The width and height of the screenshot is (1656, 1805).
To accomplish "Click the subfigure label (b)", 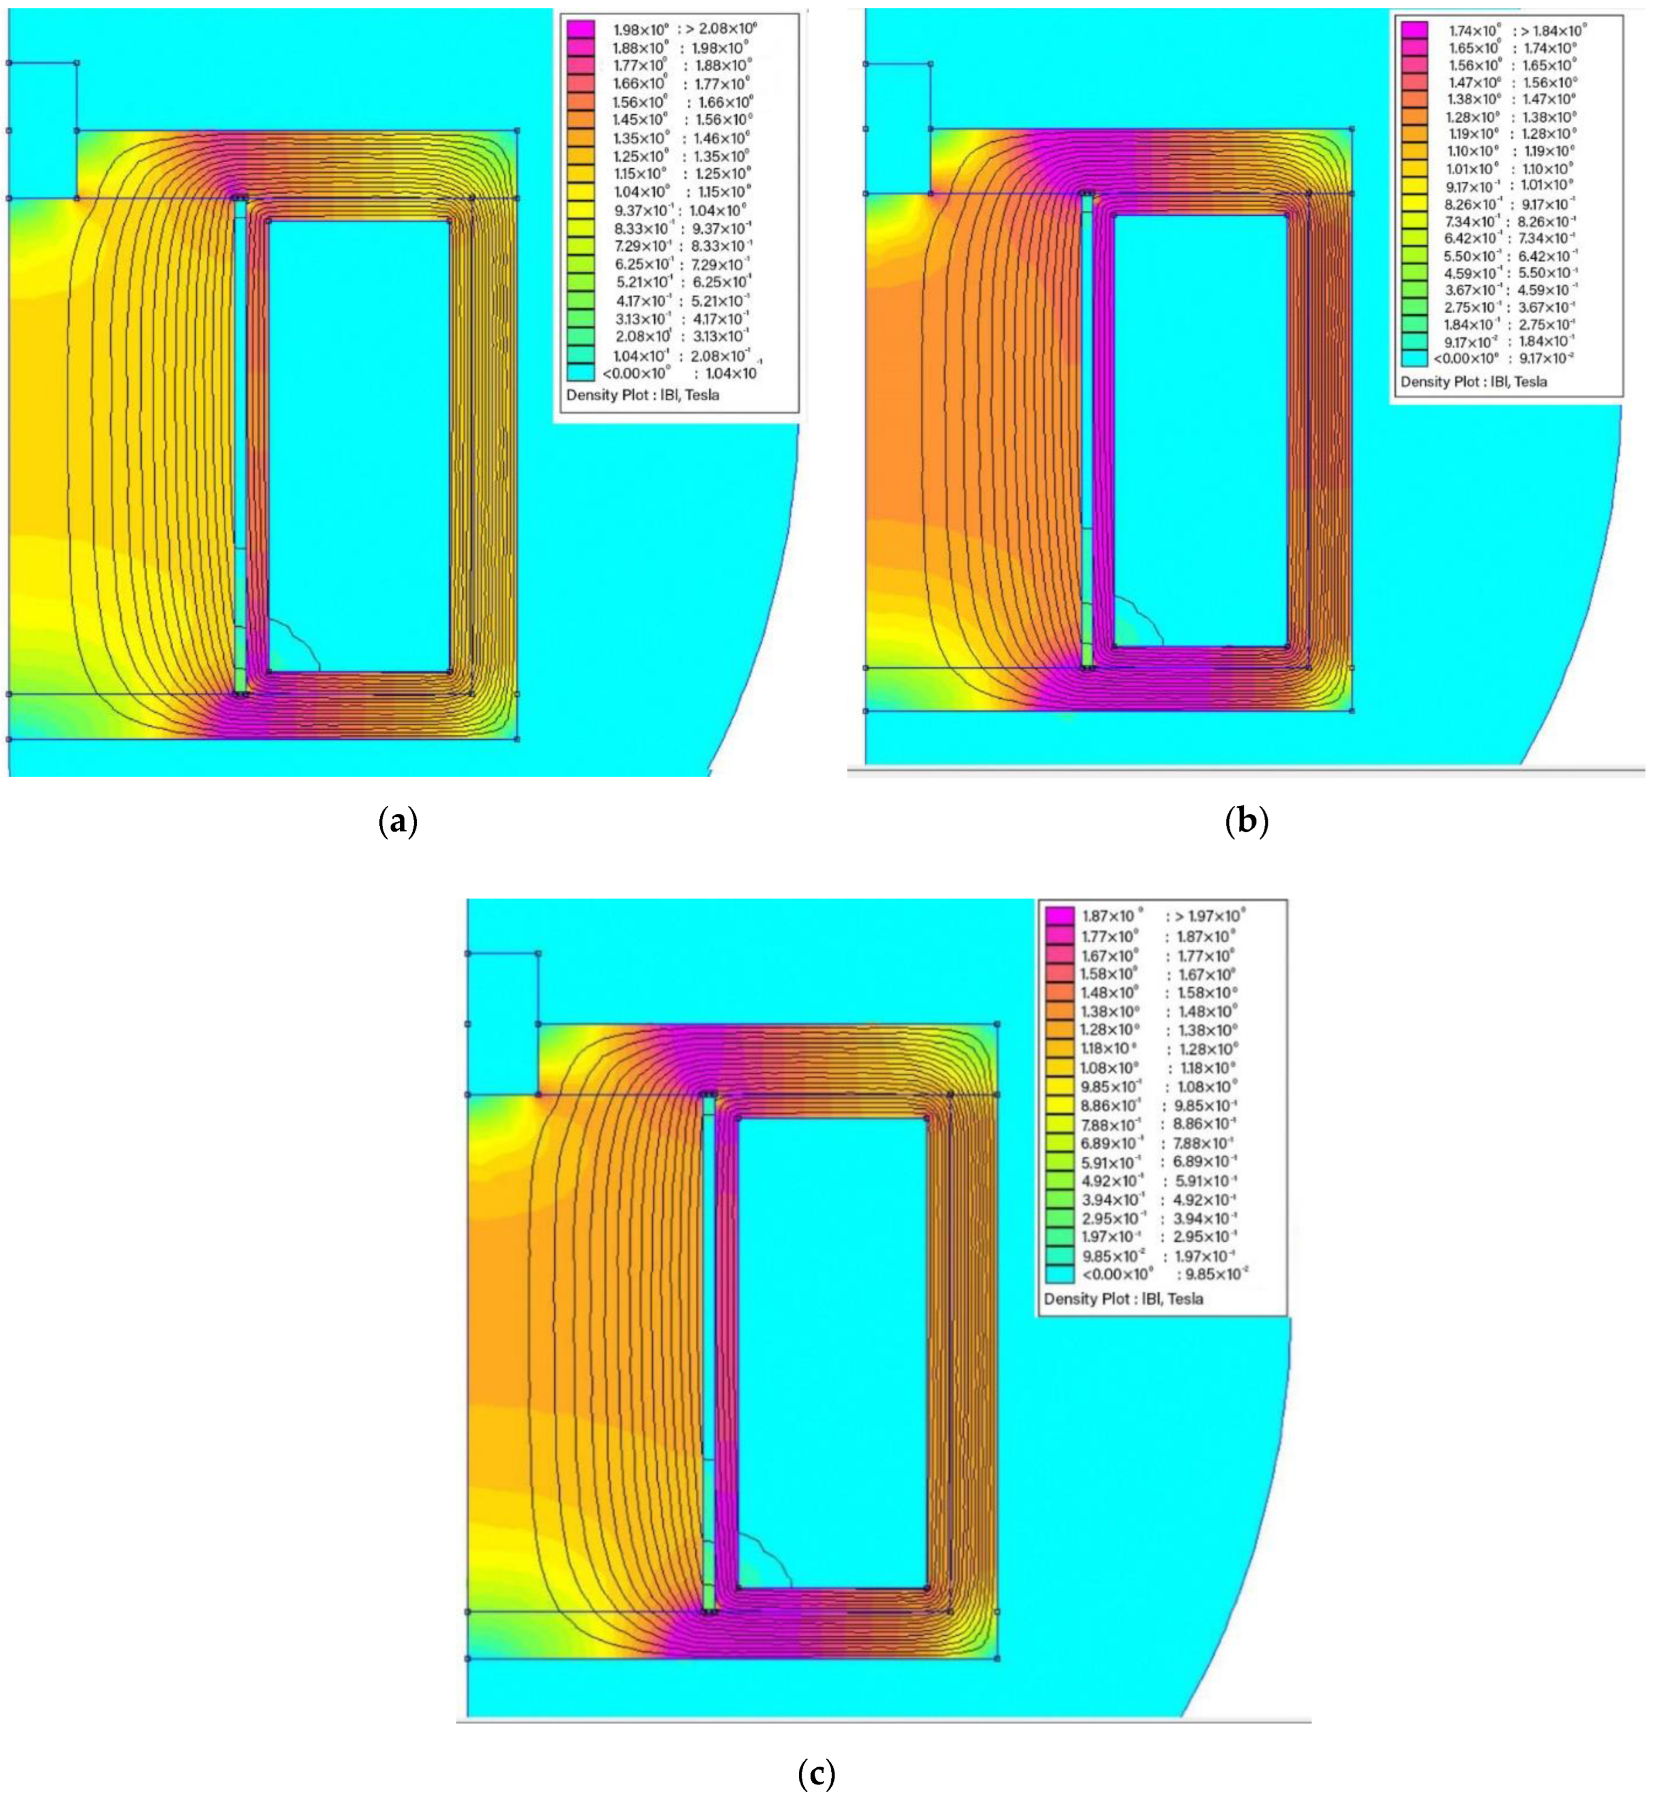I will tap(1247, 821).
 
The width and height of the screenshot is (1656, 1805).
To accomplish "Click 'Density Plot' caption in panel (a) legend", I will tap(642, 394).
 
